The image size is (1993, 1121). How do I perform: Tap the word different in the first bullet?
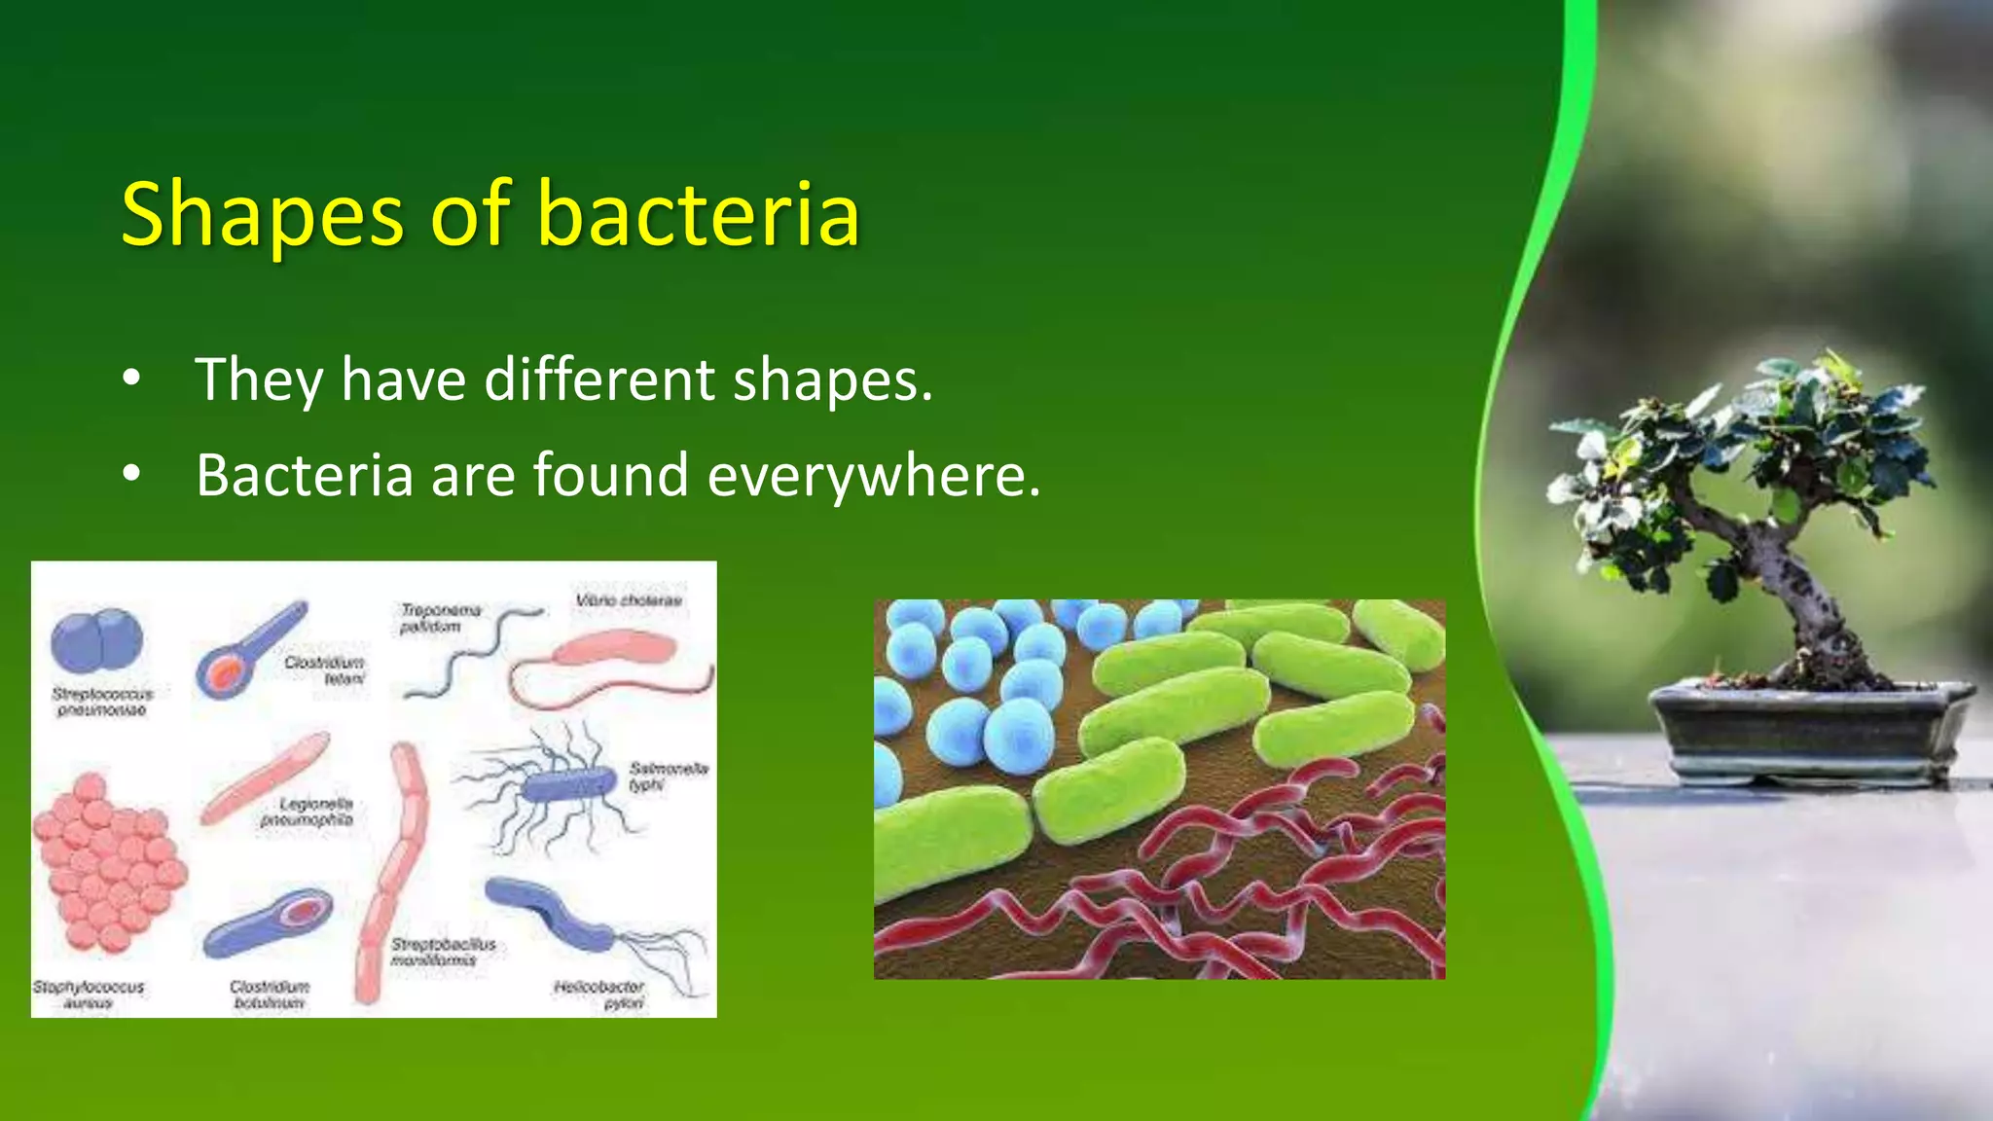[599, 380]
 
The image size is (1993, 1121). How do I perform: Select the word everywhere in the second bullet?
[873, 476]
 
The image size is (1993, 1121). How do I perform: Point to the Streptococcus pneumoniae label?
[102, 702]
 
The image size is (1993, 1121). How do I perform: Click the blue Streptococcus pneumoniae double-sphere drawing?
[96, 641]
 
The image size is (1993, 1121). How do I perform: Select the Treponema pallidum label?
[440, 618]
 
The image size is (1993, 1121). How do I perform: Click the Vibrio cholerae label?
[629, 600]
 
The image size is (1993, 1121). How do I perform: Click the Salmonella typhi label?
[668, 776]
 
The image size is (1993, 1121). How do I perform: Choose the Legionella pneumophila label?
[308, 812]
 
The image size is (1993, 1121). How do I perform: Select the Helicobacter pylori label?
[600, 994]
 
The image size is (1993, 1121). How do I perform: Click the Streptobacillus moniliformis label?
[443, 952]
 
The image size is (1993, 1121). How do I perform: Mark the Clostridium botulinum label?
[270, 994]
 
